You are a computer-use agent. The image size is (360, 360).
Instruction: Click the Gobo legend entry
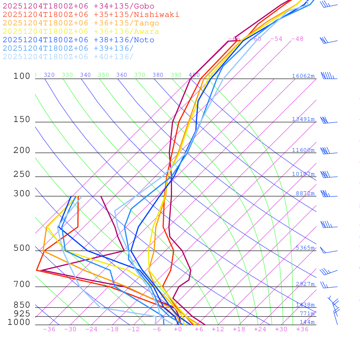tap(78, 6)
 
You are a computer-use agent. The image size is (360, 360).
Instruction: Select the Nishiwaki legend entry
tap(91, 15)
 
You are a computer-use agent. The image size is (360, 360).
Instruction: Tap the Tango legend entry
tap(81, 23)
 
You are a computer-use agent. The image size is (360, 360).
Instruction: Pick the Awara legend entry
tap(81, 32)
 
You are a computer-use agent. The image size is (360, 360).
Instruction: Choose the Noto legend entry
tap(78, 40)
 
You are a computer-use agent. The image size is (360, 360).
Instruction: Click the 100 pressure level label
tap(22, 76)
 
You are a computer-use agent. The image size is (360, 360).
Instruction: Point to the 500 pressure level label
tap(22, 248)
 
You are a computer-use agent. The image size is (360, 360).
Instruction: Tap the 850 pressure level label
tap(22, 305)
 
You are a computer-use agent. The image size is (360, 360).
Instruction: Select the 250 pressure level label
tap(22, 174)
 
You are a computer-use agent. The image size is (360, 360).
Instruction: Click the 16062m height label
tap(303, 76)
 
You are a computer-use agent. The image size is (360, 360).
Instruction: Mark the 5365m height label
tap(305, 248)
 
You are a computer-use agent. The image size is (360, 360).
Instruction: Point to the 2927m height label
tap(305, 284)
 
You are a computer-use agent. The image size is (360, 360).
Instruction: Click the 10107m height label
tap(303, 174)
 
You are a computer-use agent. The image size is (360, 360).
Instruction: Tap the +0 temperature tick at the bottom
tap(178, 329)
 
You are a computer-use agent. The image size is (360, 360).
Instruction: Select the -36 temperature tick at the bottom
tap(49, 329)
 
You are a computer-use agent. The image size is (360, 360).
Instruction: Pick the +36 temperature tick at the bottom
tap(302, 329)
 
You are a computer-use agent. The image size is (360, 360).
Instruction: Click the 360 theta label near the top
tap(122, 75)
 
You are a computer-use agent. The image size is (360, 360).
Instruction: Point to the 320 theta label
tap(49, 75)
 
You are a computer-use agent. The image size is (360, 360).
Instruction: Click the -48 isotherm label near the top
tap(297, 39)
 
